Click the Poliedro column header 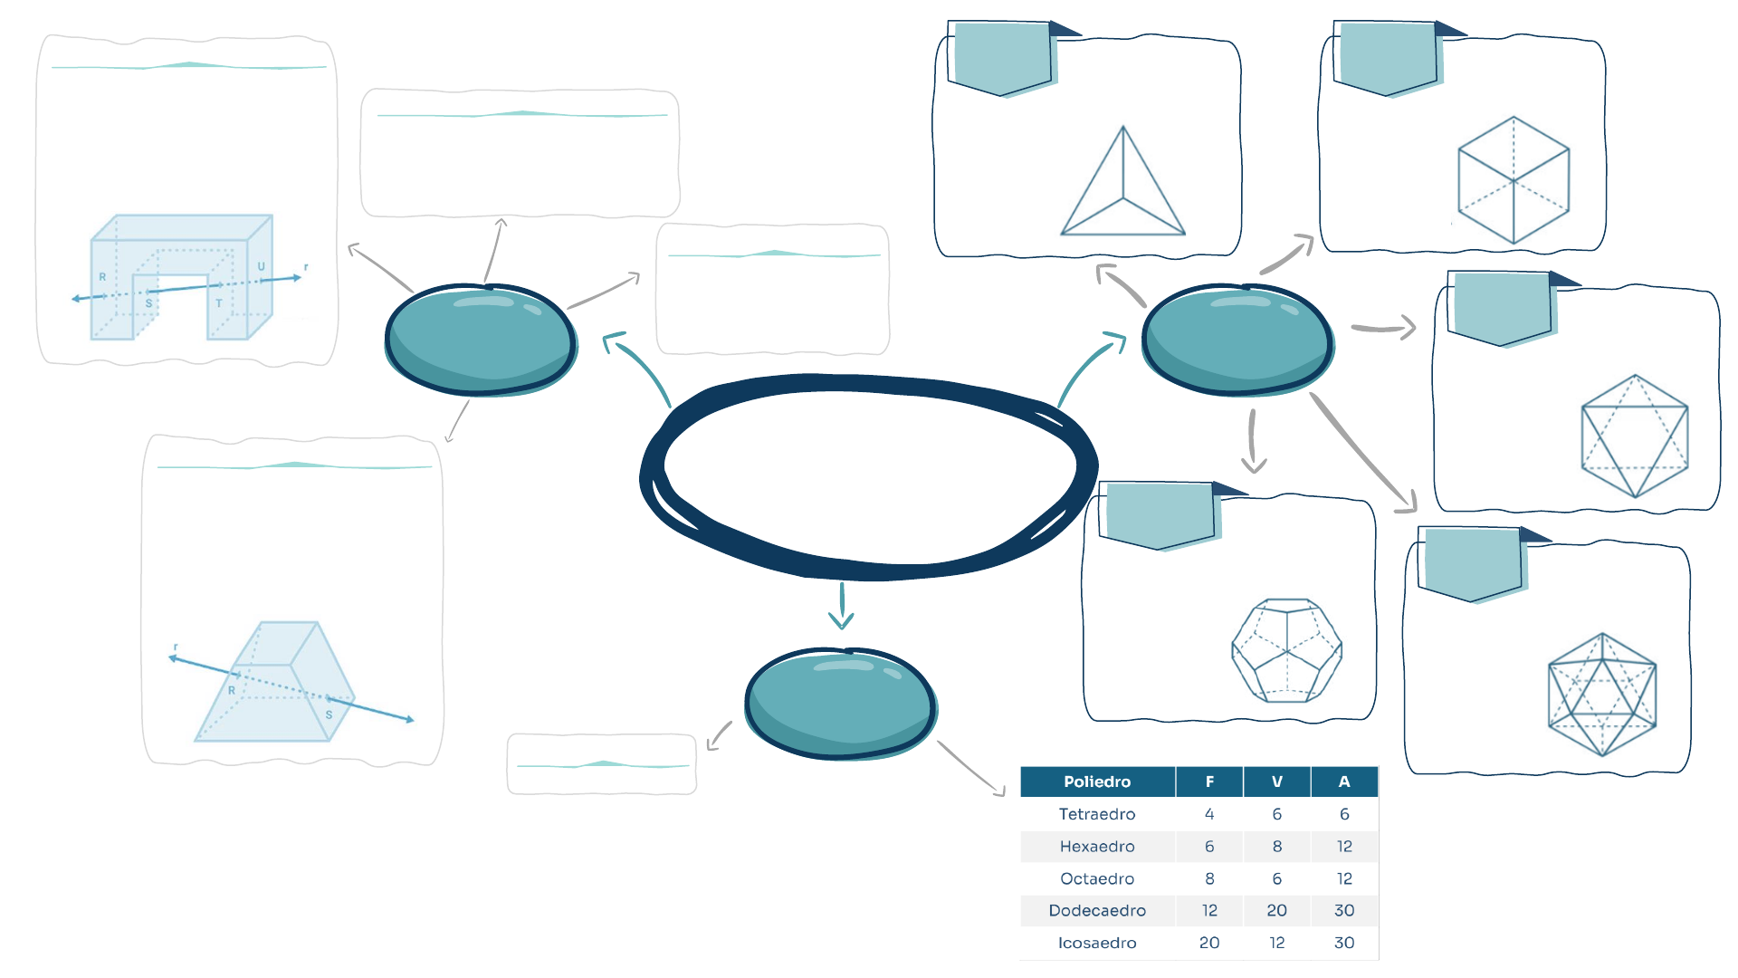tap(1097, 781)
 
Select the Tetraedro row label tap(1097, 814)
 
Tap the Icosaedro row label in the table tap(1097, 943)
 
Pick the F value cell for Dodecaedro tap(1209, 910)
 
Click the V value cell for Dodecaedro tap(1276, 910)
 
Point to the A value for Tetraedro tap(1344, 814)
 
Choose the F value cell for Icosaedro tap(1209, 943)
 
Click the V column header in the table tap(1276, 781)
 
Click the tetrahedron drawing tap(1123, 186)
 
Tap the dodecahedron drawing tap(1286, 650)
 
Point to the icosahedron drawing tap(1602, 695)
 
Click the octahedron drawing tap(1635, 436)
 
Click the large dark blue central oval tap(869, 475)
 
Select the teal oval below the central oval tap(841, 704)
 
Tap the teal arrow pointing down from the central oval tap(842, 606)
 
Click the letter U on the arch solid tap(261, 266)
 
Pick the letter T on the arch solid tap(219, 303)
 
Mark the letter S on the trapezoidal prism tap(329, 714)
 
